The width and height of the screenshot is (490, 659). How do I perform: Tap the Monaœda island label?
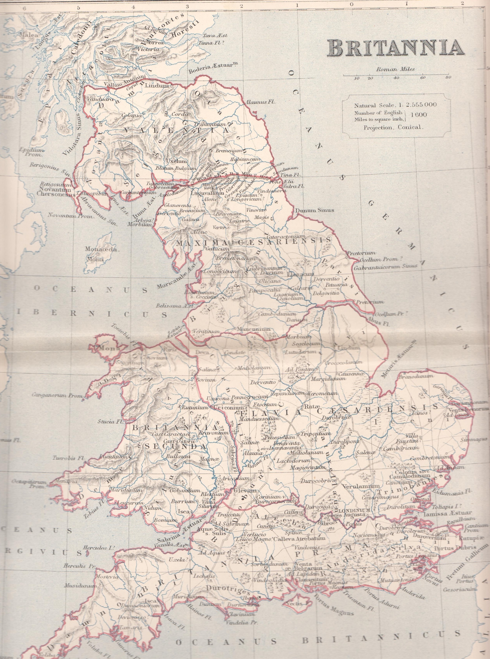coord(101,249)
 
